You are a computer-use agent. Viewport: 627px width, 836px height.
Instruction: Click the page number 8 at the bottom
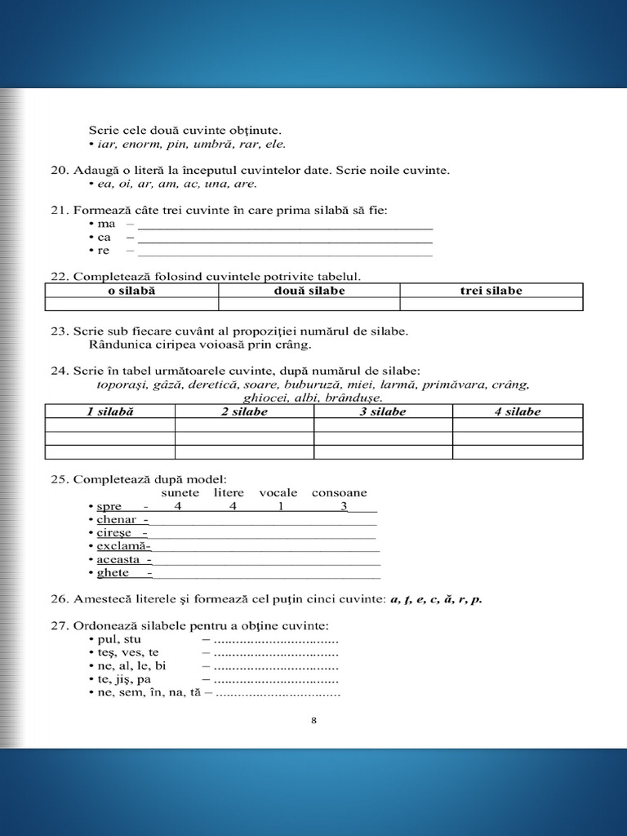(x=313, y=720)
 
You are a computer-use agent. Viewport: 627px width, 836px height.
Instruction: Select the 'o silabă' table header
(x=131, y=291)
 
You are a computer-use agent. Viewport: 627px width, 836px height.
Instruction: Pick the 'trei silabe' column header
(x=491, y=291)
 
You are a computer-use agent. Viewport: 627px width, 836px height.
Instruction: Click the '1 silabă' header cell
(x=109, y=411)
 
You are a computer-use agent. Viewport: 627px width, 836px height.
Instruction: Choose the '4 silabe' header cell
(x=518, y=411)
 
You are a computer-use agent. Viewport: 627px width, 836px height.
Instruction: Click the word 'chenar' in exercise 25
(x=117, y=519)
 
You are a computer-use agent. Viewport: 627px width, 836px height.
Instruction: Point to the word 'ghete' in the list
(x=113, y=572)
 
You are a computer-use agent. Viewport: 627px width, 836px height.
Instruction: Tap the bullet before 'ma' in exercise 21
(x=91, y=223)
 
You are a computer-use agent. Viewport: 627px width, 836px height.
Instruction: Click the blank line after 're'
(x=285, y=251)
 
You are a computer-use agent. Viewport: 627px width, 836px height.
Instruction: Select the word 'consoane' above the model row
(x=339, y=492)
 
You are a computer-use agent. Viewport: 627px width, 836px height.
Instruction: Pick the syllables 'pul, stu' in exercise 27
(x=119, y=639)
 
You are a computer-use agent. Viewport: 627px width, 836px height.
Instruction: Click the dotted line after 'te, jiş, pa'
(x=276, y=679)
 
